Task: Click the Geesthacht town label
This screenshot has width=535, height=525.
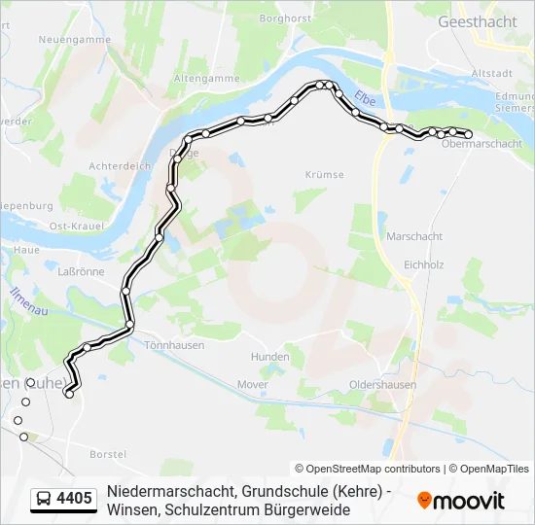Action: (477, 20)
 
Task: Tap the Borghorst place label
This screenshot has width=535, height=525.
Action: (285, 17)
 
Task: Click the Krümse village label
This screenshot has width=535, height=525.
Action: (324, 174)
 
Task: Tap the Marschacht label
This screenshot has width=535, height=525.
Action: (414, 236)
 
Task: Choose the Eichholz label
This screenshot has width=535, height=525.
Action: (423, 263)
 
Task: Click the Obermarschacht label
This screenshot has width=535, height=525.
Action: (481, 144)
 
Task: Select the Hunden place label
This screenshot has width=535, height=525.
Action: (269, 357)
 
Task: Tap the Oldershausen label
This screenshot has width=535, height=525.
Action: (382, 385)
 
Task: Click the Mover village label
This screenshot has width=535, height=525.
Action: (252, 384)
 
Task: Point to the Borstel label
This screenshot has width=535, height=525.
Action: (108, 454)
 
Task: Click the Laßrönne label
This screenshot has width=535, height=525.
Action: (81, 271)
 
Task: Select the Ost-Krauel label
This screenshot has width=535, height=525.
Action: (69, 227)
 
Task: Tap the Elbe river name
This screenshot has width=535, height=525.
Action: (365, 98)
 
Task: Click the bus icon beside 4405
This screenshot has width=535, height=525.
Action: (45, 500)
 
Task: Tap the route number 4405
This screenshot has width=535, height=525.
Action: (75, 500)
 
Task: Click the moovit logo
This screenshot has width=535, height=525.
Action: (461, 501)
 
